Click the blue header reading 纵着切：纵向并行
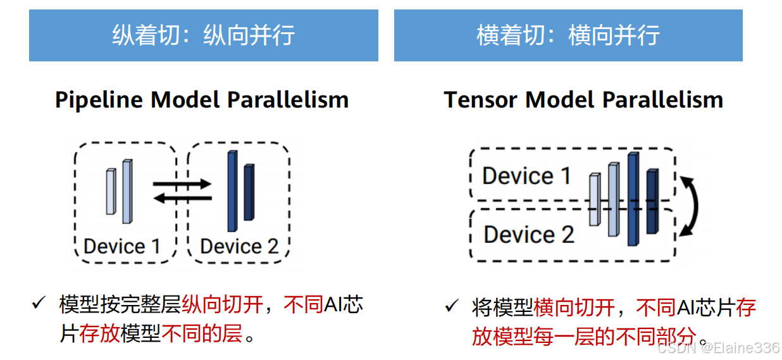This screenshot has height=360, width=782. pyautogui.click(x=203, y=35)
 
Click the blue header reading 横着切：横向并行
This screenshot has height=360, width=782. pyautogui.click(x=568, y=35)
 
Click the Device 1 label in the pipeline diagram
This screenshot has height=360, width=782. pyautogui.click(x=121, y=246)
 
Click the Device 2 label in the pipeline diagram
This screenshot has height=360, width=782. pyautogui.click(x=239, y=246)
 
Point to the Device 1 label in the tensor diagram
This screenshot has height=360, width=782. pyautogui.click(x=526, y=176)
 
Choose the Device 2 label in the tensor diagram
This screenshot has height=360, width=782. pyautogui.click(x=528, y=235)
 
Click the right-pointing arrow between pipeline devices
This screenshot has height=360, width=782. pyautogui.click(x=182, y=184)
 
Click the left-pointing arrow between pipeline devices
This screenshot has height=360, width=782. pyautogui.click(x=182, y=198)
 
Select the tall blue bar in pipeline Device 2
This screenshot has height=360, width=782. pyautogui.click(x=232, y=192)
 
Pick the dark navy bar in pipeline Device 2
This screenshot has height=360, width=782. pyautogui.click(x=249, y=192)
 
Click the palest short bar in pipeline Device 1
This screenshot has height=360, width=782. pyautogui.click(x=111, y=192)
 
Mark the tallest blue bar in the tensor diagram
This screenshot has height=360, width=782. pyautogui.click(x=633, y=199)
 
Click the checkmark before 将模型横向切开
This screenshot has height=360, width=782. pyautogui.click(x=451, y=307)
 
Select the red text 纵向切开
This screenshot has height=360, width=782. pyautogui.click(x=222, y=306)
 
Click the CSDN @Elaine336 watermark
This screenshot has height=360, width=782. pyautogui.click(x=718, y=347)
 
